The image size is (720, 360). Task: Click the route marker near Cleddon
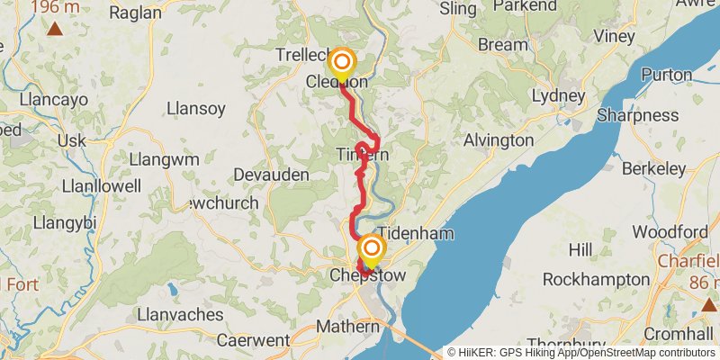pos(342,64)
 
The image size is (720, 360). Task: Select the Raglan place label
pos(135,13)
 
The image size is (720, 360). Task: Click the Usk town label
pos(71,141)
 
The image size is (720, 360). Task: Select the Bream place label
pos(503,44)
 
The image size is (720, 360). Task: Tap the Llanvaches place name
pos(180,314)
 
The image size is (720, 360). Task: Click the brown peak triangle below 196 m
pos(56,29)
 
